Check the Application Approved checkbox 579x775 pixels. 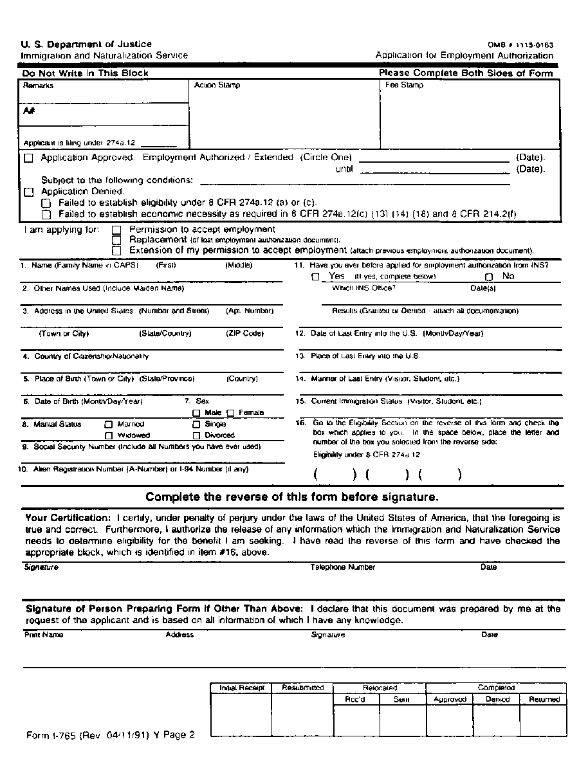pyautogui.click(x=28, y=158)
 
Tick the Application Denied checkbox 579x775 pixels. pyautogui.click(x=28, y=192)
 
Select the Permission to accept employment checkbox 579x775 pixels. pyautogui.click(x=116, y=230)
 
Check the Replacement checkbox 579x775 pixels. pyautogui.click(x=116, y=240)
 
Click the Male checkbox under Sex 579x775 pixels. pyautogui.click(x=197, y=413)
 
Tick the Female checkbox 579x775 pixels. pyautogui.click(x=230, y=413)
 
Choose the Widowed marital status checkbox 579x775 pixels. pyautogui.click(x=109, y=435)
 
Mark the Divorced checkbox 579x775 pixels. pyautogui.click(x=196, y=435)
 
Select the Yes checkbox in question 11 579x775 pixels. pyautogui.click(x=315, y=277)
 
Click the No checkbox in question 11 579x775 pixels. pyautogui.click(x=489, y=277)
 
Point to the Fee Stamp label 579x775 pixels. pyautogui.click(x=404, y=85)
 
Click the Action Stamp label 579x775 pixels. pyautogui.click(x=217, y=85)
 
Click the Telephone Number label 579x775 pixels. pyautogui.click(x=343, y=567)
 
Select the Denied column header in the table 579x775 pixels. pyautogui.click(x=497, y=699)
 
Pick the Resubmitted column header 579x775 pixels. pyautogui.click(x=302, y=688)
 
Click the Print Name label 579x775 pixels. pyautogui.click(x=44, y=635)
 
